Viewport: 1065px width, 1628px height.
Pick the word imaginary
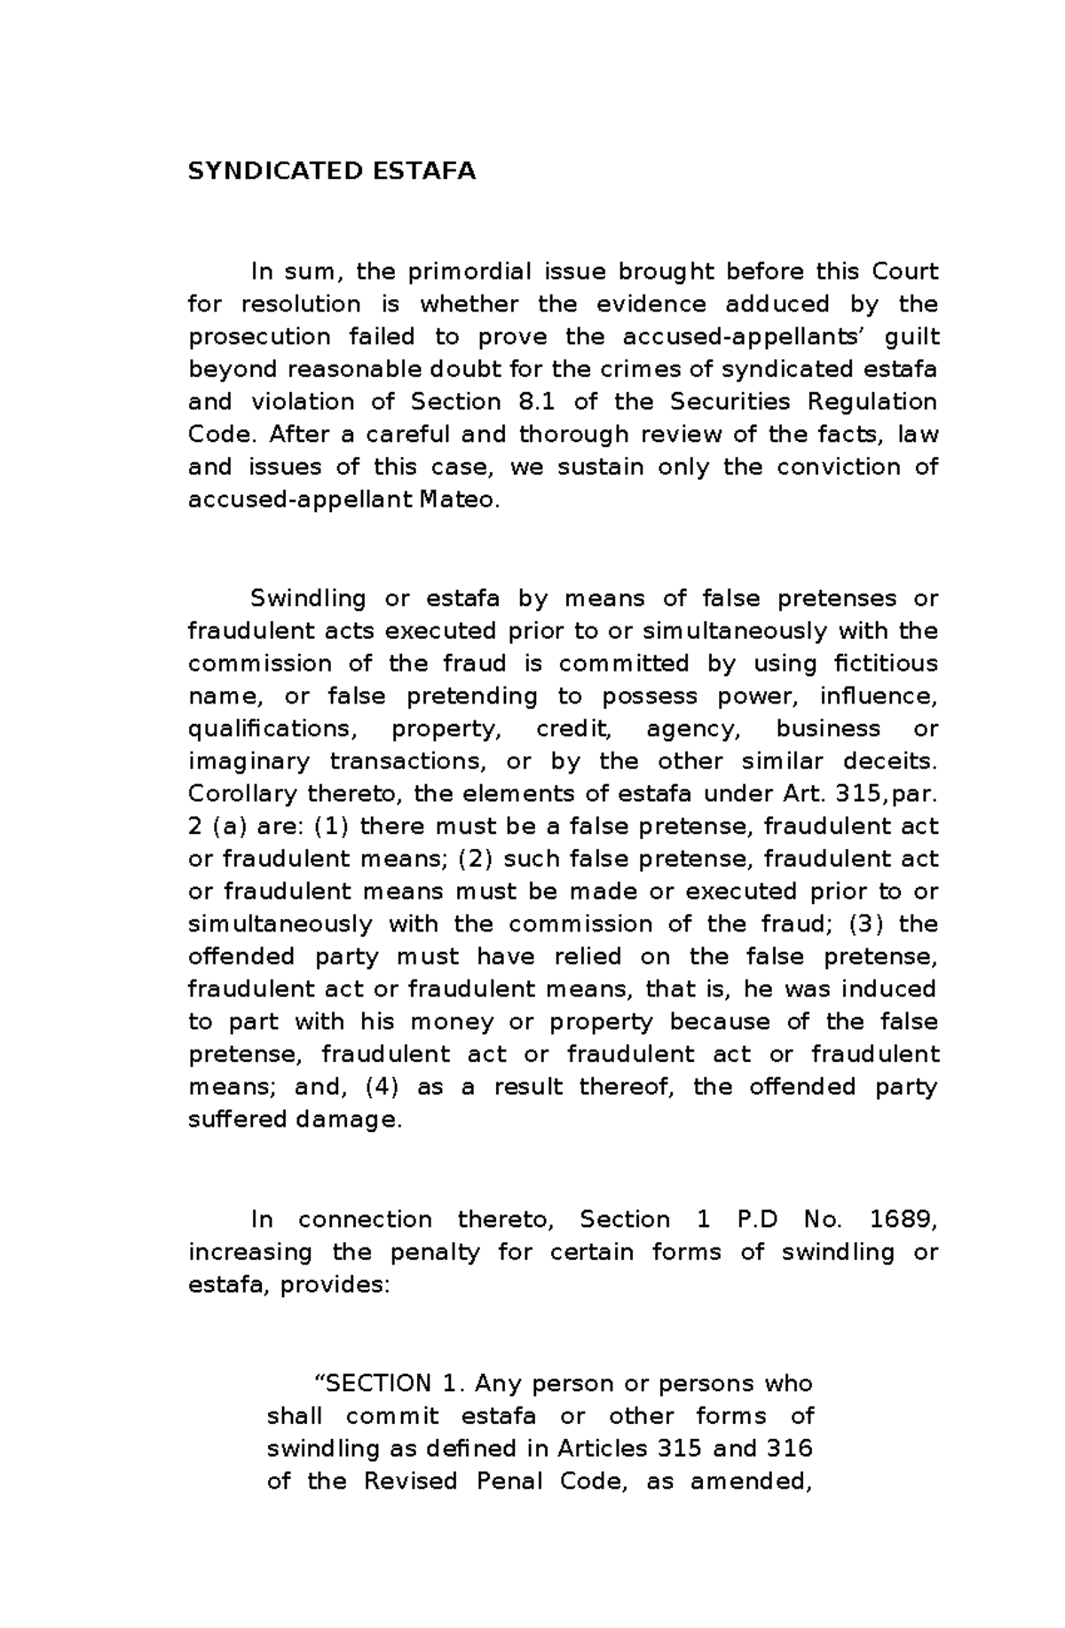point(249,762)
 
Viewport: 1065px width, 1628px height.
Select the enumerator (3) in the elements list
point(866,924)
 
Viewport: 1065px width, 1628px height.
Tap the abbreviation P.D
point(757,1220)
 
